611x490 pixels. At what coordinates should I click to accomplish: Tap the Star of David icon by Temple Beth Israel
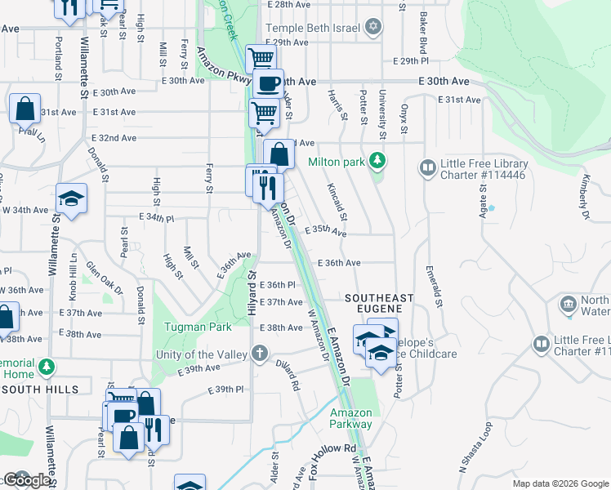point(373,27)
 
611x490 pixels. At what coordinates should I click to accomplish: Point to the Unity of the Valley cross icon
point(259,354)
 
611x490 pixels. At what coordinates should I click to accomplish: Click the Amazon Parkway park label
point(350,418)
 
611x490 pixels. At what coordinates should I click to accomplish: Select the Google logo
point(28,479)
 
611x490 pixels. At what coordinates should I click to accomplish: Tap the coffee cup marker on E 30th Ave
point(267,84)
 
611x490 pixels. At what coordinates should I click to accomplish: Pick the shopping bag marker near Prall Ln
point(25,109)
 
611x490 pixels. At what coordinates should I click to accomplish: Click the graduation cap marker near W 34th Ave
point(71,198)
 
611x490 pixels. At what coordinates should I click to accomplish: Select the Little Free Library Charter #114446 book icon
point(427,168)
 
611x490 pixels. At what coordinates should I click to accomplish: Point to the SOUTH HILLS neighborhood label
point(40,390)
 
